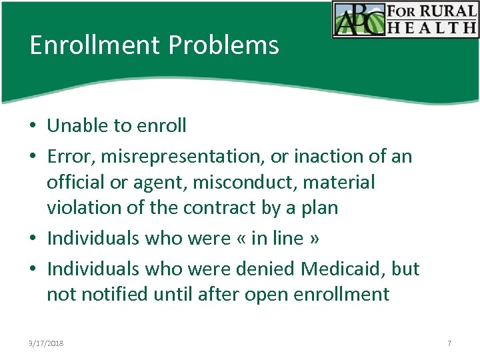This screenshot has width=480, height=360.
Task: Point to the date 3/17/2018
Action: pyautogui.click(x=47, y=343)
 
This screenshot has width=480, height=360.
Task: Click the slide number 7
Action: pyautogui.click(x=449, y=343)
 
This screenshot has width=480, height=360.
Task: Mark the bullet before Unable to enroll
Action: pyautogui.click(x=33, y=126)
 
